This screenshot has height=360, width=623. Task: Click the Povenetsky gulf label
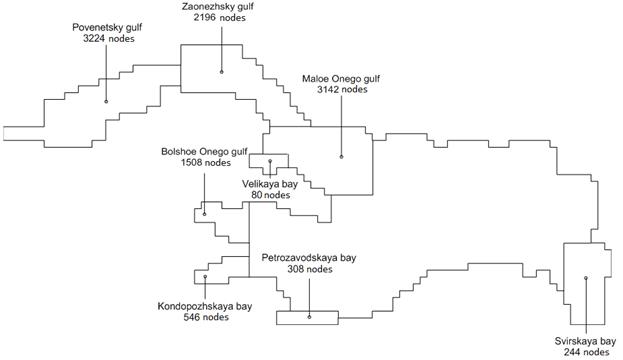pos(107,27)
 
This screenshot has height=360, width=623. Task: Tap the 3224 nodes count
pos(109,39)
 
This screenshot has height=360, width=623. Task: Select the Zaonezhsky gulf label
pos(218,6)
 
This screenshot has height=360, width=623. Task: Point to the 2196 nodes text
pos(220,17)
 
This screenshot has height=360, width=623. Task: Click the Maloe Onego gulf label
pos(341,78)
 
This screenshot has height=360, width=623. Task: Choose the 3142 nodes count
pos(342,89)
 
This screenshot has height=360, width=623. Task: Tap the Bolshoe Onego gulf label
pos(204,151)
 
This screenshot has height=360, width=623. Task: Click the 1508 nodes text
pos(205,163)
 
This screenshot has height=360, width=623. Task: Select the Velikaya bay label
pos(270,184)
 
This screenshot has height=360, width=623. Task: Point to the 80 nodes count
pos(271,195)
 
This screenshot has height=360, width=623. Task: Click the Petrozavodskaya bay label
pos(309,258)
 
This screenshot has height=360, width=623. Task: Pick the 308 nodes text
pos(310,269)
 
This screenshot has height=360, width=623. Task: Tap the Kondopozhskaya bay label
pos(205,306)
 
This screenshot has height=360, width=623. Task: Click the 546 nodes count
pos(206,317)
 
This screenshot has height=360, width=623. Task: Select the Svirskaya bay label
pos(585,341)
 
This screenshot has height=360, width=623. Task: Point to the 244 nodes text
pos(586,352)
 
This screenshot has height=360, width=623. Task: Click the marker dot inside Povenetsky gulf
pos(106,102)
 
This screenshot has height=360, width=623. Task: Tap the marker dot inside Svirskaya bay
pos(586,278)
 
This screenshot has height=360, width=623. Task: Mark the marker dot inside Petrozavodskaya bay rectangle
pos(310,317)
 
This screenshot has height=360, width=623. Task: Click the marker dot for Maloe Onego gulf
pos(341,157)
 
